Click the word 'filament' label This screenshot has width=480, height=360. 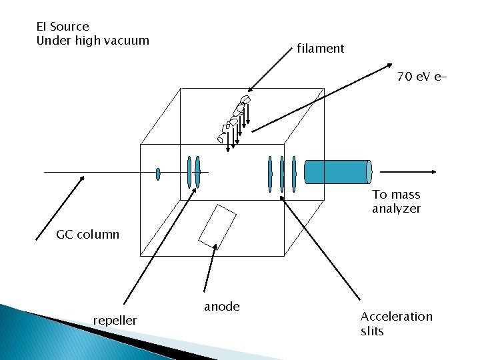(321, 48)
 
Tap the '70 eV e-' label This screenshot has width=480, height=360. (421, 77)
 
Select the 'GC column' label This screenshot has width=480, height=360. (88, 234)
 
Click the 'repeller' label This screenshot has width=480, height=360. (115, 321)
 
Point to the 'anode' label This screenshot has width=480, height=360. (221, 307)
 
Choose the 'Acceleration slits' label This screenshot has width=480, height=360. (396, 323)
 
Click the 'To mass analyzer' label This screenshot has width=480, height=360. (396, 201)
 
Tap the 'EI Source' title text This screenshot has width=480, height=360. (62, 27)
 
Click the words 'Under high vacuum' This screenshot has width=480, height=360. (93, 41)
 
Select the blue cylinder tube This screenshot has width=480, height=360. (337, 171)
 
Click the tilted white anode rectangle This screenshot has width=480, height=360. (217, 225)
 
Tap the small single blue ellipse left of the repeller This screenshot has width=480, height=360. (158, 174)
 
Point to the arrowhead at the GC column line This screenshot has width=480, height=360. (84, 179)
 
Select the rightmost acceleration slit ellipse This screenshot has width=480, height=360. (293, 174)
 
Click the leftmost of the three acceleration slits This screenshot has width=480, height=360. (270, 174)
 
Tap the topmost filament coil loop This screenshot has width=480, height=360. (245, 99)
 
